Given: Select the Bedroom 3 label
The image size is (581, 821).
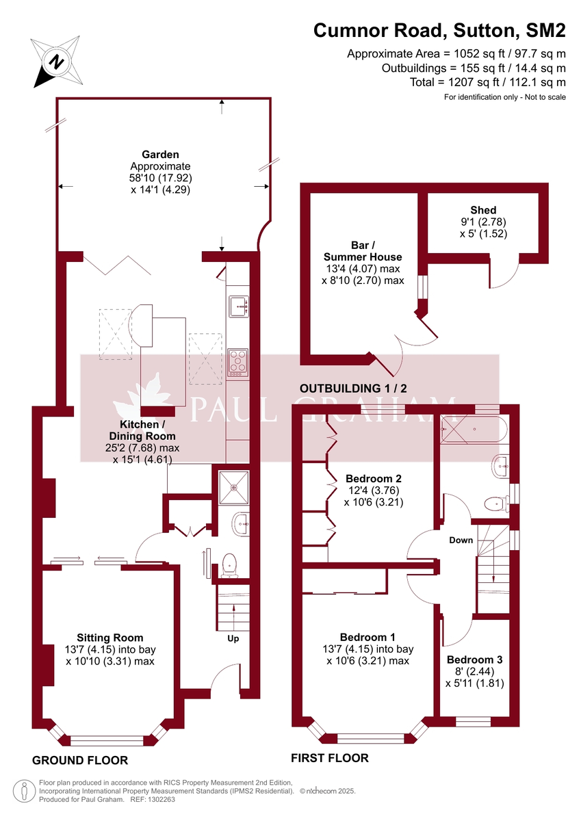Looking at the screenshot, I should (x=474, y=660).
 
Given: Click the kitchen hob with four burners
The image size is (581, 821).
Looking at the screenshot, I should (x=238, y=363).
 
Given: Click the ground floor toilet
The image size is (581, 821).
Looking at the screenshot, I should (x=229, y=564).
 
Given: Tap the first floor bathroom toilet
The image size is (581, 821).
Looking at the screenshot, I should (x=494, y=504).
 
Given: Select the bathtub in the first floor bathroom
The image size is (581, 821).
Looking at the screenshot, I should (x=473, y=430).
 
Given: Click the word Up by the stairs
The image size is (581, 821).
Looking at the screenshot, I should (x=233, y=638).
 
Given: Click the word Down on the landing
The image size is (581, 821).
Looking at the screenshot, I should (x=461, y=540).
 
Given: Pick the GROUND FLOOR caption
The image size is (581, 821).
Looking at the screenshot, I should (x=80, y=760).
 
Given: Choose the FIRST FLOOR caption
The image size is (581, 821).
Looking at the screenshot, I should (x=330, y=758).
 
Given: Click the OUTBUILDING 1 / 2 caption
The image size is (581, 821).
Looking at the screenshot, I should (x=353, y=389).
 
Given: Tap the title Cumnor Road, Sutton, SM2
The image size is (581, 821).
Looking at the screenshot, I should (x=439, y=30).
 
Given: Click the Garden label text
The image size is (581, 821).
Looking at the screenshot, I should (x=160, y=155).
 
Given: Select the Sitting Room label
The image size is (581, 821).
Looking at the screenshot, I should (x=110, y=638).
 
